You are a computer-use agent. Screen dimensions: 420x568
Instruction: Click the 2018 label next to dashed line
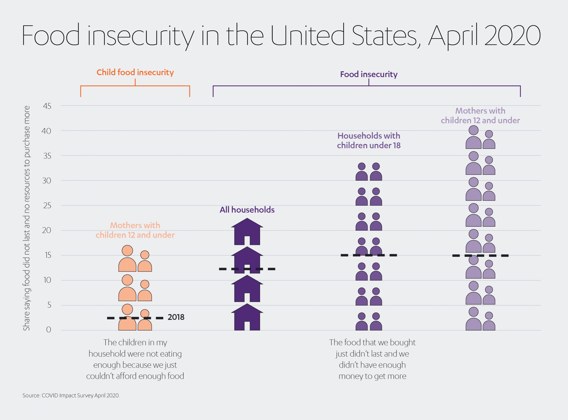point(176,317)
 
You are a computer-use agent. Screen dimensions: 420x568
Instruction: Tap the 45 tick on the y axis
point(47,106)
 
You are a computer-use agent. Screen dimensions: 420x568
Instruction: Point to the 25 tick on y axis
point(47,205)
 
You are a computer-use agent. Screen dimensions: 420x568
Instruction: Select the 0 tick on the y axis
point(49,330)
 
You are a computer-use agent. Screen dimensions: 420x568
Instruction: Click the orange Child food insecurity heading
point(135,73)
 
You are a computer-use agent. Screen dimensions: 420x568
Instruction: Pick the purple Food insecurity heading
point(369,74)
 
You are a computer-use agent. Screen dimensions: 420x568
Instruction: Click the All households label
point(247,210)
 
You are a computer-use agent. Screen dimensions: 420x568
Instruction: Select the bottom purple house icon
point(247,317)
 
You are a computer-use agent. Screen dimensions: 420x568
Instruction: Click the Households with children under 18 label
point(369,141)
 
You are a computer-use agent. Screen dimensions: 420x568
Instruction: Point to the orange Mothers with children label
point(135,230)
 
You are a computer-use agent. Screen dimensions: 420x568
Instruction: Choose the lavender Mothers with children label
point(480,116)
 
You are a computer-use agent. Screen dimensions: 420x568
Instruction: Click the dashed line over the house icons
point(247,269)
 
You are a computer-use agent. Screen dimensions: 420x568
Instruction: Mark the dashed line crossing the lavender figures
point(480,255)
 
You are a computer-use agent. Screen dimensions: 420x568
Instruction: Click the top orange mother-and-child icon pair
point(135,259)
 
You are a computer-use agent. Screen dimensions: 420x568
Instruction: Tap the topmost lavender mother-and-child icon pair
point(480,137)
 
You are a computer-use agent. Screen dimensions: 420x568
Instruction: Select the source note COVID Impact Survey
point(71,396)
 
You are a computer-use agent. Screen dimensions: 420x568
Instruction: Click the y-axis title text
point(26,218)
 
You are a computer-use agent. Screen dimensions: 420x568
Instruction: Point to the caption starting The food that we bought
point(372,359)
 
